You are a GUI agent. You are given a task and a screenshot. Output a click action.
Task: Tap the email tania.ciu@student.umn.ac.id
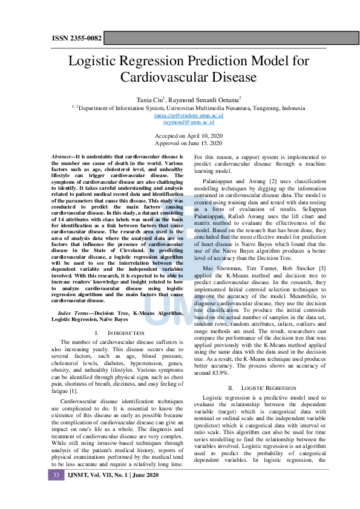(180, 115)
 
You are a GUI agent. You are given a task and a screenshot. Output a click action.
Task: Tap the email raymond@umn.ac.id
(180, 122)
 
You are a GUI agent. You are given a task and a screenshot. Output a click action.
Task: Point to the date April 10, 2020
(202, 137)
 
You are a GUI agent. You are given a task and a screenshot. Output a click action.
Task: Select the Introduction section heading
(120, 333)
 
